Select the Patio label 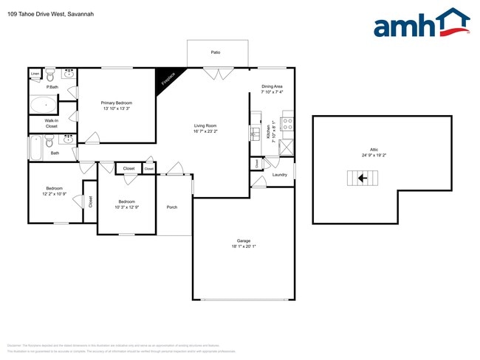[x=216, y=52]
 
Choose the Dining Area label [x=272, y=87]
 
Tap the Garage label [x=244, y=241]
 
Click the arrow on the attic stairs [x=362, y=178]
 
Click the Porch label [x=172, y=207]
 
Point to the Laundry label [x=279, y=175]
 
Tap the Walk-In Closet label [x=52, y=123]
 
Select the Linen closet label [x=35, y=74]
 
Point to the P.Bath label [x=52, y=87]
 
